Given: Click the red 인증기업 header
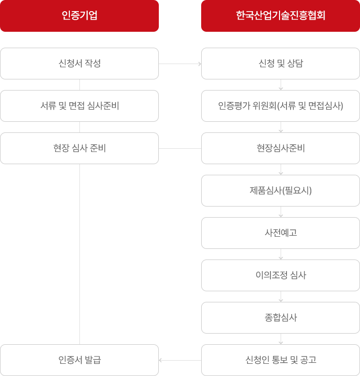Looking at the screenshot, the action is pyautogui.click(x=79, y=16).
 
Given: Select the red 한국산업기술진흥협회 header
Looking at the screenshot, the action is pyautogui.click(x=281, y=16).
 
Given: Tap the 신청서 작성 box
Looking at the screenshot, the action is pyautogui.click(x=79, y=64).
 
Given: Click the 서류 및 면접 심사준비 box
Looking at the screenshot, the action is pyautogui.click(x=79, y=106).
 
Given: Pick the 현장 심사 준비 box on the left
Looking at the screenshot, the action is pyautogui.click(x=79, y=148).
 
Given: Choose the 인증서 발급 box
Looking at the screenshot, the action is pyautogui.click(x=79, y=360).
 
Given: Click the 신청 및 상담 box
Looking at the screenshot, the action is pyautogui.click(x=281, y=64).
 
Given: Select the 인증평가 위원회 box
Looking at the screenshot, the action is pyautogui.click(x=281, y=106).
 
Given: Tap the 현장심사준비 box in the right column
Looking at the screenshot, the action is pyautogui.click(x=281, y=148).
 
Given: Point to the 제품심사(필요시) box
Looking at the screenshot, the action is pyautogui.click(x=281, y=191).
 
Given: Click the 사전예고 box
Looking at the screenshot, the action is pyautogui.click(x=281, y=233).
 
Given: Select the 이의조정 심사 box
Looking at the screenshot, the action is pyautogui.click(x=281, y=275).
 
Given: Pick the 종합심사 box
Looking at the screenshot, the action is pyautogui.click(x=281, y=318).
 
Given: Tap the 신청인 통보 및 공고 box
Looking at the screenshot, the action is pyautogui.click(x=281, y=360).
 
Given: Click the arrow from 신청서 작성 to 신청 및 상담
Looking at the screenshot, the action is pyautogui.click(x=180, y=64).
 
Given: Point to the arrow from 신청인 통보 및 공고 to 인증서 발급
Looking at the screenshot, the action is pyautogui.click(x=180, y=360).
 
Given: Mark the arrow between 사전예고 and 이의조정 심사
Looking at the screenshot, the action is pyautogui.click(x=281, y=254).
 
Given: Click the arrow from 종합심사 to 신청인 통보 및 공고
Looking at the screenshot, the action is pyautogui.click(x=281, y=339).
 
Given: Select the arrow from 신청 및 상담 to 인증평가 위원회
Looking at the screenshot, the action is pyautogui.click(x=281, y=85).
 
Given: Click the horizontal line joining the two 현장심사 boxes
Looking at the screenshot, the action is pyautogui.click(x=180, y=148).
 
